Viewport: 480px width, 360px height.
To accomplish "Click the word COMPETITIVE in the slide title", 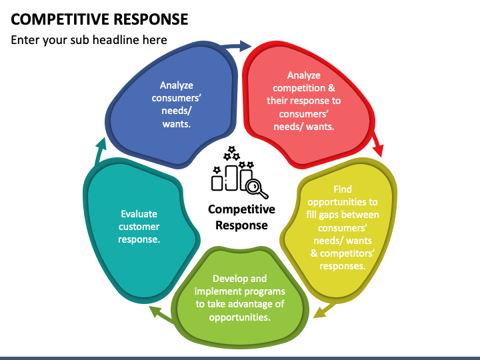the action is (x=60, y=19).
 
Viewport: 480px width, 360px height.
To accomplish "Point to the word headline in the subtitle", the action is (x=116, y=40).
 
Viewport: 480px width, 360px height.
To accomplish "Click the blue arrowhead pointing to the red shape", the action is (x=245, y=46).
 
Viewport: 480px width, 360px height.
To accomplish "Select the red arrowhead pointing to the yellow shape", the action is (x=379, y=151).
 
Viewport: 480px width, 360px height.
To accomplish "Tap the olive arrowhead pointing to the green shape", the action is (x=319, y=313).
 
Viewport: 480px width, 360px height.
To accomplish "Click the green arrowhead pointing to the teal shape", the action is (x=155, y=311).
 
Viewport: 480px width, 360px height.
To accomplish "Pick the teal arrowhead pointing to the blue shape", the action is (x=101, y=144).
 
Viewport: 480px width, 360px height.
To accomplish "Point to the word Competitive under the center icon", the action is (x=241, y=209).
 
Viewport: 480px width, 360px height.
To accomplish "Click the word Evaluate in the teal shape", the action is (x=139, y=214).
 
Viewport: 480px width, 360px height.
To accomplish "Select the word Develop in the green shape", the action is (x=227, y=279).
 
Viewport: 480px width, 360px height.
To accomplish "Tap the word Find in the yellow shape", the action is (x=343, y=189).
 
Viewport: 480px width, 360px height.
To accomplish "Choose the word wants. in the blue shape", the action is (x=176, y=124).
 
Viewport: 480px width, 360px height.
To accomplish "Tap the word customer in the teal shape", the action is (x=139, y=227).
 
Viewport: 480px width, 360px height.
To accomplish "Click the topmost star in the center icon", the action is (x=231, y=149).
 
